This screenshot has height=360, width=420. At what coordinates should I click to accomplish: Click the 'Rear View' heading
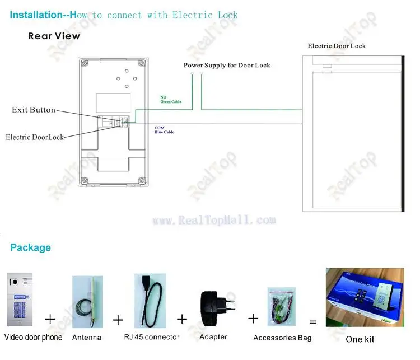[x=54, y=36]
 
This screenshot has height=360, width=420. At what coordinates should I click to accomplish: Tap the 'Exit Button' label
[x=34, y=110]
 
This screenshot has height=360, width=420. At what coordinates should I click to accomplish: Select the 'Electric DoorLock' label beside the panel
[x=35, y=137]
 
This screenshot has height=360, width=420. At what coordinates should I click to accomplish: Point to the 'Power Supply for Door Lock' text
[x=227, y=66]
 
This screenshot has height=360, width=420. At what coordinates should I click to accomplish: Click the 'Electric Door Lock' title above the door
[x=337, y=46]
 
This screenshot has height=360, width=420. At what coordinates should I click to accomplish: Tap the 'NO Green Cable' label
[x=167, y=99]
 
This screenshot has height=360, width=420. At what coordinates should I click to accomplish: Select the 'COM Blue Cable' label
[x=164, y=130]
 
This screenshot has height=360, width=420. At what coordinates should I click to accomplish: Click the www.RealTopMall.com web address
[x=214, y=221]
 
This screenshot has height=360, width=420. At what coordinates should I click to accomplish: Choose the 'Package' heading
[x=30, y=247]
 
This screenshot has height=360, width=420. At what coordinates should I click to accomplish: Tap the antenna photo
[x=87, y=302]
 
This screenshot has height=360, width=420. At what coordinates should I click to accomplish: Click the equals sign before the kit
[x=313, y=322]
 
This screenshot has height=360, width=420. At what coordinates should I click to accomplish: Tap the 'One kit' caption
[x=360, y=339]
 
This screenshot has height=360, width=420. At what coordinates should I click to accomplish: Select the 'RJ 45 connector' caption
[x=152, y=337]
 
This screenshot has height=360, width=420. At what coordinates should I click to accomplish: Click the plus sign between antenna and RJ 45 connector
[x=118, y=320]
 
